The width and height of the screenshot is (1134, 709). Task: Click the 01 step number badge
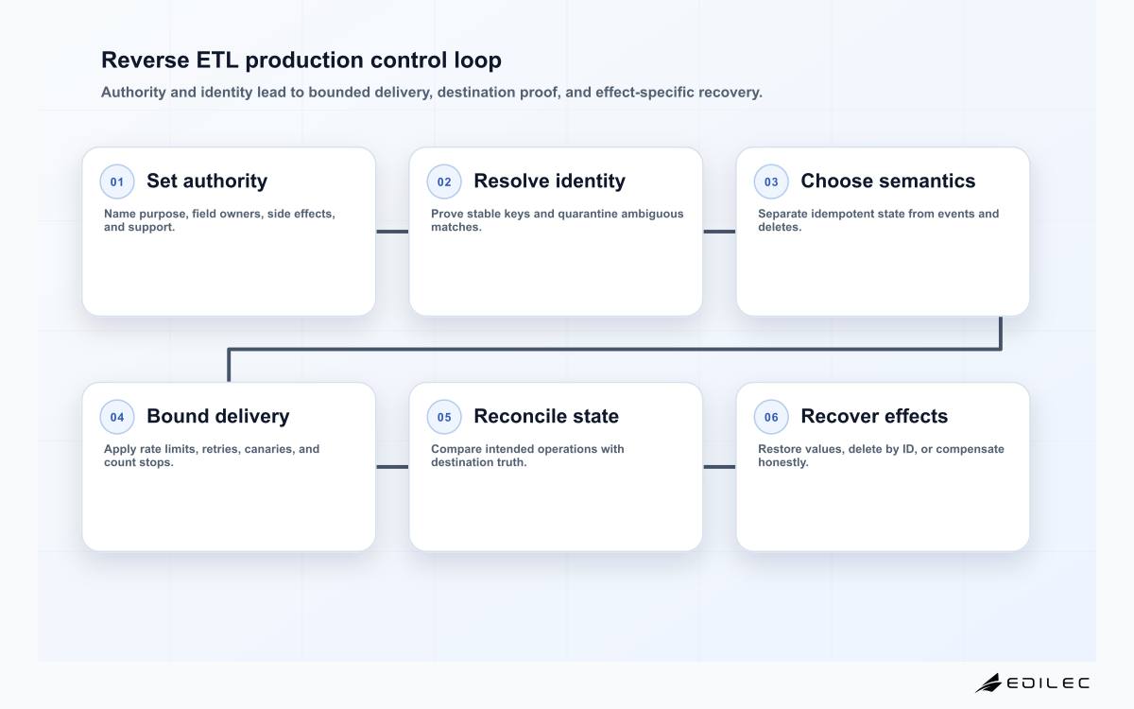[117, 182]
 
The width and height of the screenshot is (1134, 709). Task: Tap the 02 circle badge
[444, 182]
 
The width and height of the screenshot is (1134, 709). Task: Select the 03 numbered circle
[771, 182]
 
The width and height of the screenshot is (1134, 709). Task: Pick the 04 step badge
[117, 417]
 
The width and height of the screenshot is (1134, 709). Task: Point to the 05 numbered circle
[444, 417]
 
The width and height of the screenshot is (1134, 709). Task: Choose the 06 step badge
[771, 417]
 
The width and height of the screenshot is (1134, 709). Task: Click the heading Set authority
[207, 182]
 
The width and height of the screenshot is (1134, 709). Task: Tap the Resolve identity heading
[549, 182]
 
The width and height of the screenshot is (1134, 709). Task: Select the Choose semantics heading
[888, 181]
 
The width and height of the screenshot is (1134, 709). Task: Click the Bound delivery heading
[218, 416]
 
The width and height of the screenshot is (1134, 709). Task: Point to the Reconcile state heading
[546, 416]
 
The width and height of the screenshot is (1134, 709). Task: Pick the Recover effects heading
[874, 416]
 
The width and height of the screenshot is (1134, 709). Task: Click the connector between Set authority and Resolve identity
[392, 232]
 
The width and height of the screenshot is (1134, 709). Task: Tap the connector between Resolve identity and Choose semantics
[719, 232]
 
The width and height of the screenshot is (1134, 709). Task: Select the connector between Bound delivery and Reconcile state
[392, 467]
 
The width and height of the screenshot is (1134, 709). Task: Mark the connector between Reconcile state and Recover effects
[719, 467]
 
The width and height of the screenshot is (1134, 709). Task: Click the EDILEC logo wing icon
[988, 683]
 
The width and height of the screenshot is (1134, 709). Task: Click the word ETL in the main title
[217, 60]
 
